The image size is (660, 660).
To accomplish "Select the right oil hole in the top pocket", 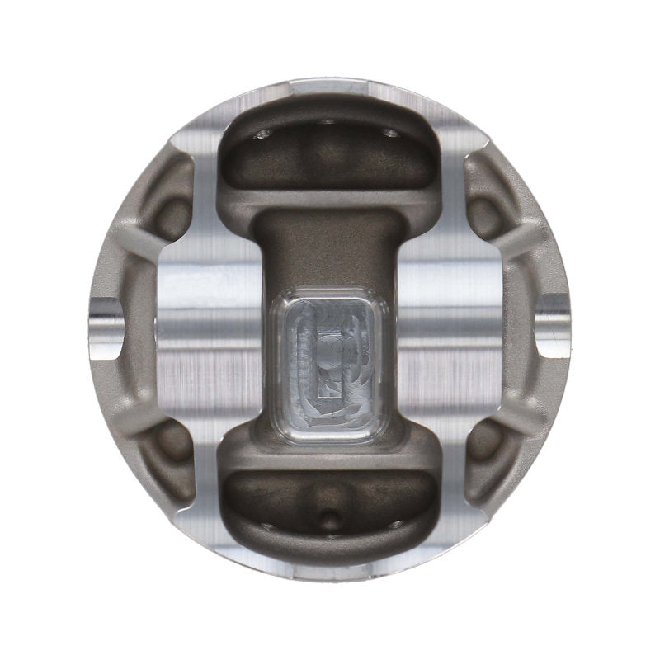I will (390, 132).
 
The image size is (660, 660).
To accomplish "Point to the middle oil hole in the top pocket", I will (328, 121).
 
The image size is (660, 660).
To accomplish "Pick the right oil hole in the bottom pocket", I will (397, 525).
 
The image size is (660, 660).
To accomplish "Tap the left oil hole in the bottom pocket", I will (262, 525).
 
